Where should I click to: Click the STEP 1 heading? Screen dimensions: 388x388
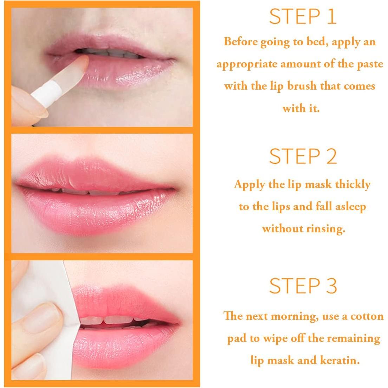point(303,17)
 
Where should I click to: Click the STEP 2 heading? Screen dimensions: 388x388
point(303,156)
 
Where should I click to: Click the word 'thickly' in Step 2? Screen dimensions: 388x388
point(353,184)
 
